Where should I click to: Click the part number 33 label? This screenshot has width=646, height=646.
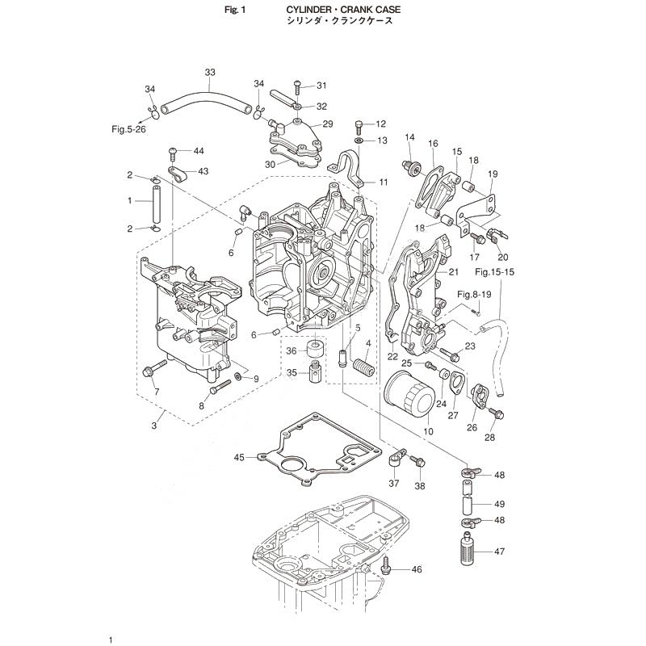[210, 73]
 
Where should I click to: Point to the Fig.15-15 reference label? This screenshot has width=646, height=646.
[495, 272]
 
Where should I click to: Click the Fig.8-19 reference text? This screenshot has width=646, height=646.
[476, 294]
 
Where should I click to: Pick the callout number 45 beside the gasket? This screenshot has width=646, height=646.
[239, 458]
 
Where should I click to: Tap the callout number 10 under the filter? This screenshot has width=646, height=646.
[428, 432]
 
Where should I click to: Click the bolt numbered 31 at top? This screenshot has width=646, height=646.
[298, 86]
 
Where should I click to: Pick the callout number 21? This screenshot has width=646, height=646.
[453, 271]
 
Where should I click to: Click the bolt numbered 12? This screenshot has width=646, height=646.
[359, 124]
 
